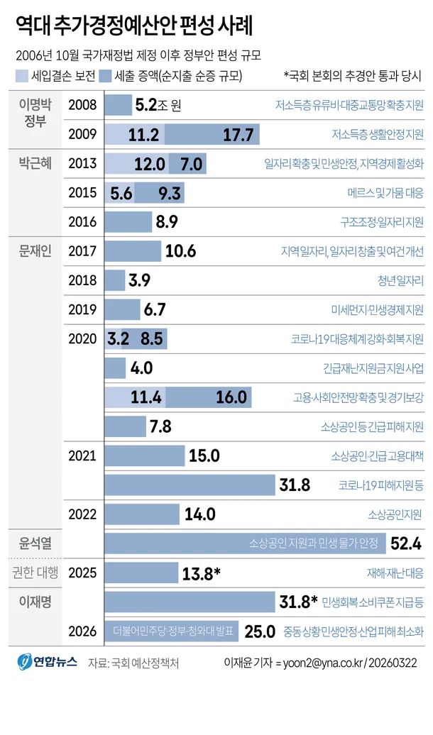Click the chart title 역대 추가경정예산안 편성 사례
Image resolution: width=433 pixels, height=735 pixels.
135,26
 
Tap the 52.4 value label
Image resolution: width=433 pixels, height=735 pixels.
407,544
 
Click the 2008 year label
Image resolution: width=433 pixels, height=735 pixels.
83,106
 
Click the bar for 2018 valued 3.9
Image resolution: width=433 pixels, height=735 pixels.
115,280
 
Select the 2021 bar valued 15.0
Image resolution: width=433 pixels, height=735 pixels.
145,455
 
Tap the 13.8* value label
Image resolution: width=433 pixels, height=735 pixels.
202,573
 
